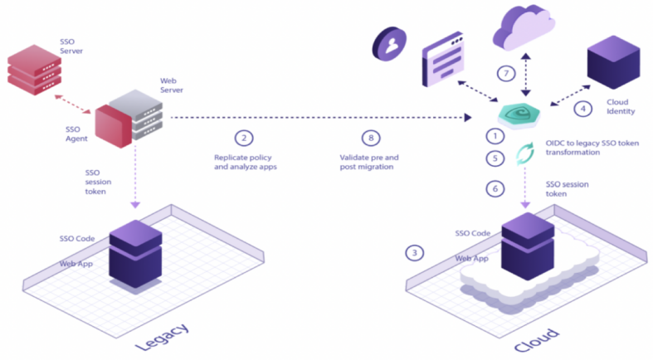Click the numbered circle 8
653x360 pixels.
coord(368,138)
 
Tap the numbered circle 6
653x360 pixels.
coord(495,188)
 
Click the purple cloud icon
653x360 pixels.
coord(523,27)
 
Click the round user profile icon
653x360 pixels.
coord(389,42)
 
